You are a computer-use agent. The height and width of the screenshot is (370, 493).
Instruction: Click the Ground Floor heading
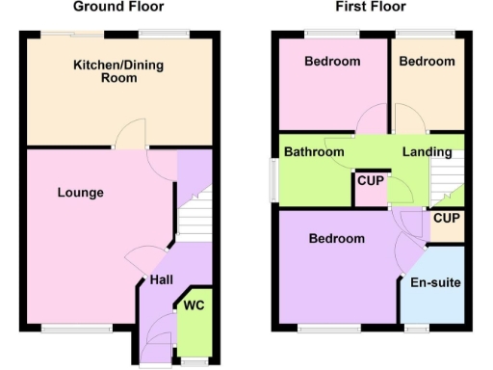(118, 7)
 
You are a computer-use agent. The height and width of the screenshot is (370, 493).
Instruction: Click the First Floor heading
(371, 7)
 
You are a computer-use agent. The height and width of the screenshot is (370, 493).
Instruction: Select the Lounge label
(80, 193)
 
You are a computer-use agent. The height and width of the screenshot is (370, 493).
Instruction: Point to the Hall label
(161, 280)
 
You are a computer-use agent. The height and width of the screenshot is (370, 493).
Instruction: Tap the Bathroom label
(314, 152)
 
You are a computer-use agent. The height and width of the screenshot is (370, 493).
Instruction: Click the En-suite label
(435, 283)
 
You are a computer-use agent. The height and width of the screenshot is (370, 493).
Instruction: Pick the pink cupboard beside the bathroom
(371, 190)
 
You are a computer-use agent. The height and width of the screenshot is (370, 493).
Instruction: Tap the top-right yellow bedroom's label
(427, 62)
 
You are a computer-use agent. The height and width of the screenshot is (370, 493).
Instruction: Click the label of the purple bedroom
(336, 239)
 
